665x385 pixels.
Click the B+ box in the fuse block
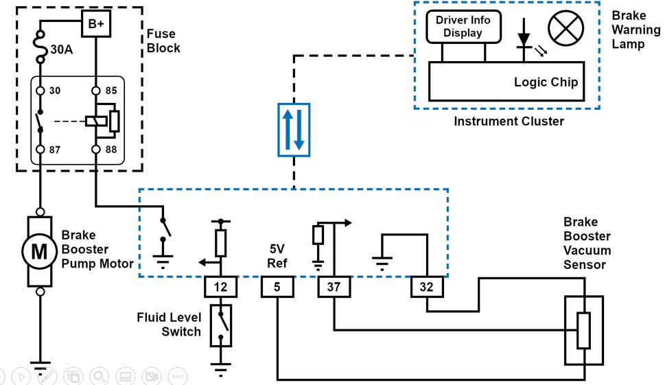pos(95,24)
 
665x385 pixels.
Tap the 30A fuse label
pos(62,50)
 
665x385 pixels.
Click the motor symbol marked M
pos(40,252)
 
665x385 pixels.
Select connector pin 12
pos(220,288)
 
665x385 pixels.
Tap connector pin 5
pos(277,288)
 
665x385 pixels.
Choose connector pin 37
pos(334,288)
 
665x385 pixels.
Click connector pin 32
pos(427,288)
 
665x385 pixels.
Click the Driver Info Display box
pos(463,27)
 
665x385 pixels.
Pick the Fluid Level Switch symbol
pos(220,326)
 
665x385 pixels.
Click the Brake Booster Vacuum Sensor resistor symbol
pos(583,330)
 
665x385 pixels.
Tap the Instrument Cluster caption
pos(509,121)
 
